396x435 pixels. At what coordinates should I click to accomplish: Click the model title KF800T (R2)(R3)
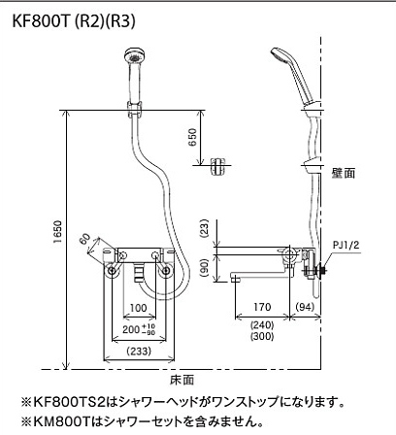(74, 21)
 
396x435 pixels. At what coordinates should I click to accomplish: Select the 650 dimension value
(192, 137)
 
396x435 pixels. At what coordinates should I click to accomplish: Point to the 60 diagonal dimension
(84, 239)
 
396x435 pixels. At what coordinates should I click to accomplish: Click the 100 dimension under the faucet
(138, 308)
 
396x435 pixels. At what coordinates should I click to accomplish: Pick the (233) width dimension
(139, 351)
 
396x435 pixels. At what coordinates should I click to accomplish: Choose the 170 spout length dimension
(262, 307)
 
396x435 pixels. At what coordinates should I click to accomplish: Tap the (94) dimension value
(305, 307)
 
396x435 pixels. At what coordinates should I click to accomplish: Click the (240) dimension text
(262, 324)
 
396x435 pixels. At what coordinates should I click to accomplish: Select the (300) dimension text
(262, 336)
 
